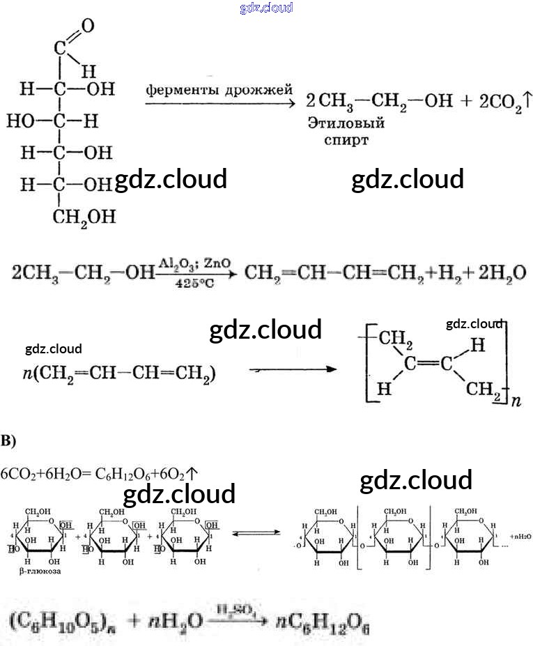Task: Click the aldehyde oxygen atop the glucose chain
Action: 87,26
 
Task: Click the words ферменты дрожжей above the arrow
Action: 219,90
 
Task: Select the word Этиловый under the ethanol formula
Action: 346,123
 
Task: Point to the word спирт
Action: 346,139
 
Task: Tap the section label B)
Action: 8,440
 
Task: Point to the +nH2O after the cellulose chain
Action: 520,537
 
